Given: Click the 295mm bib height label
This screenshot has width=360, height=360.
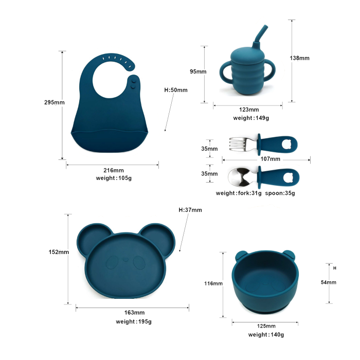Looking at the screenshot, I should (55, 102).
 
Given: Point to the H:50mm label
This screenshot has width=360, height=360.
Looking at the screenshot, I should (176, 90).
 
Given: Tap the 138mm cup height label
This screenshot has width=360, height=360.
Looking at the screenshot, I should (300, 58).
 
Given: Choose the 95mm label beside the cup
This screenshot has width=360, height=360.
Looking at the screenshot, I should (197, 71).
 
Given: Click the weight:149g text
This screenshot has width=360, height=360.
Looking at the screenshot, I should (250, 118).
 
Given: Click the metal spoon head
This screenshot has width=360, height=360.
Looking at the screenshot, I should (238, 176).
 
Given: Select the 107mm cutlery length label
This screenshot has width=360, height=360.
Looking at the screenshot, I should (266, 159).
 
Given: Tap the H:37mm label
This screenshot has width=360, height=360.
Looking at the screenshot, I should (190, 210).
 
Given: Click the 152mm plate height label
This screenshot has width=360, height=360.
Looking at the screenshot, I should (58, 252).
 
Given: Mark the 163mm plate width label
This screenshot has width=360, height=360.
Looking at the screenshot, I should (134, 313).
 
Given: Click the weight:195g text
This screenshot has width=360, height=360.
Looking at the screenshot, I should (133, 321).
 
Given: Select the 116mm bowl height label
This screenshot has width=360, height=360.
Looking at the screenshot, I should (213, 283).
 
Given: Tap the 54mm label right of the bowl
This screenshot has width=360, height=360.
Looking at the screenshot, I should (328, 282).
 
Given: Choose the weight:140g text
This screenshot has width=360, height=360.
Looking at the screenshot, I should (265, 335).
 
